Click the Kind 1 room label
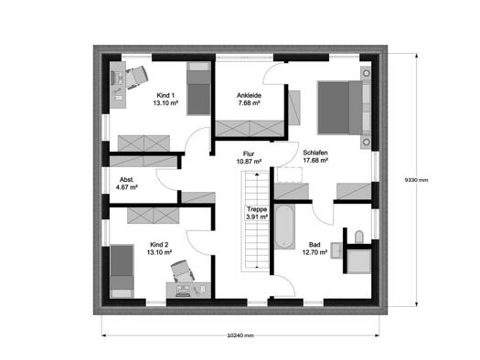(165, 95)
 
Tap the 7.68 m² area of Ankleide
(250, 103)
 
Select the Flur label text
(249, 154)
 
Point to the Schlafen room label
(315, 153)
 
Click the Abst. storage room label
(126, 179)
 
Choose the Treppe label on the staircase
(257, 209)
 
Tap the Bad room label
(315, 245)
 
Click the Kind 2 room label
(159, 245)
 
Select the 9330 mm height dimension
(416, 180)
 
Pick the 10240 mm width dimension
(240, 335)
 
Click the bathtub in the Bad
(284, 227)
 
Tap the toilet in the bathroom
(358, 237)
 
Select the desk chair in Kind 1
(137, 78)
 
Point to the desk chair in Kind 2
(183, 271)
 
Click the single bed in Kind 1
(198, 89)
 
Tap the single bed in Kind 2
(122, 271)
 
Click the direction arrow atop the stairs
(257, 174)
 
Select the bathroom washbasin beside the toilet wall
(336, 250)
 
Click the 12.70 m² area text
(315, 253)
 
